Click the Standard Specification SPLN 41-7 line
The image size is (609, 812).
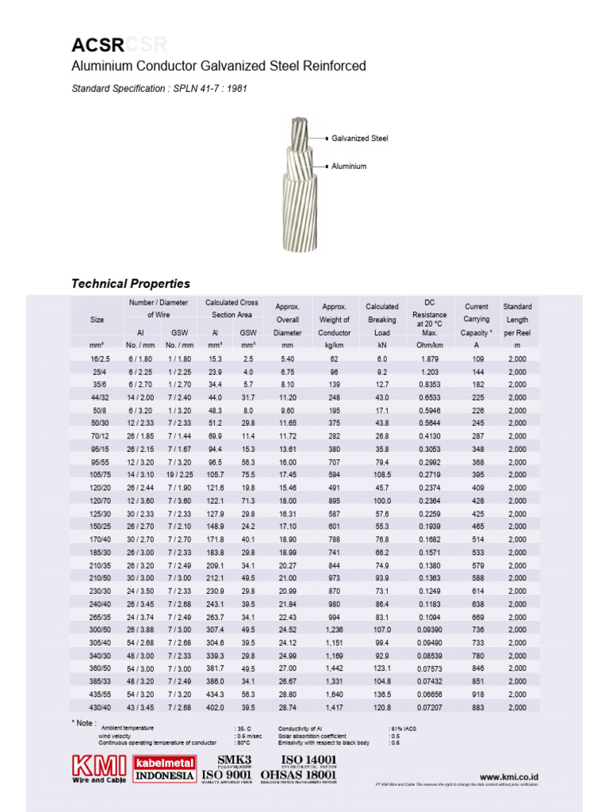point(159,89)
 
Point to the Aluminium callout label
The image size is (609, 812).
point(349,167)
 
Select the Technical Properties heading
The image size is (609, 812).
point(131,283)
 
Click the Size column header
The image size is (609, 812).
point(97,320)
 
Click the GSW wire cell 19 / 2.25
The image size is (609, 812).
point(180,474)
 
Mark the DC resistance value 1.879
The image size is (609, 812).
point(430,358)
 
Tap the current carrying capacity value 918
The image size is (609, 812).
point(477,694)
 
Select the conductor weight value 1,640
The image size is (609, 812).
point(334,694)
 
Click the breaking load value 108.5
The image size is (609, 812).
point(381,474)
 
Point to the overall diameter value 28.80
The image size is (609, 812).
point(287,694)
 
